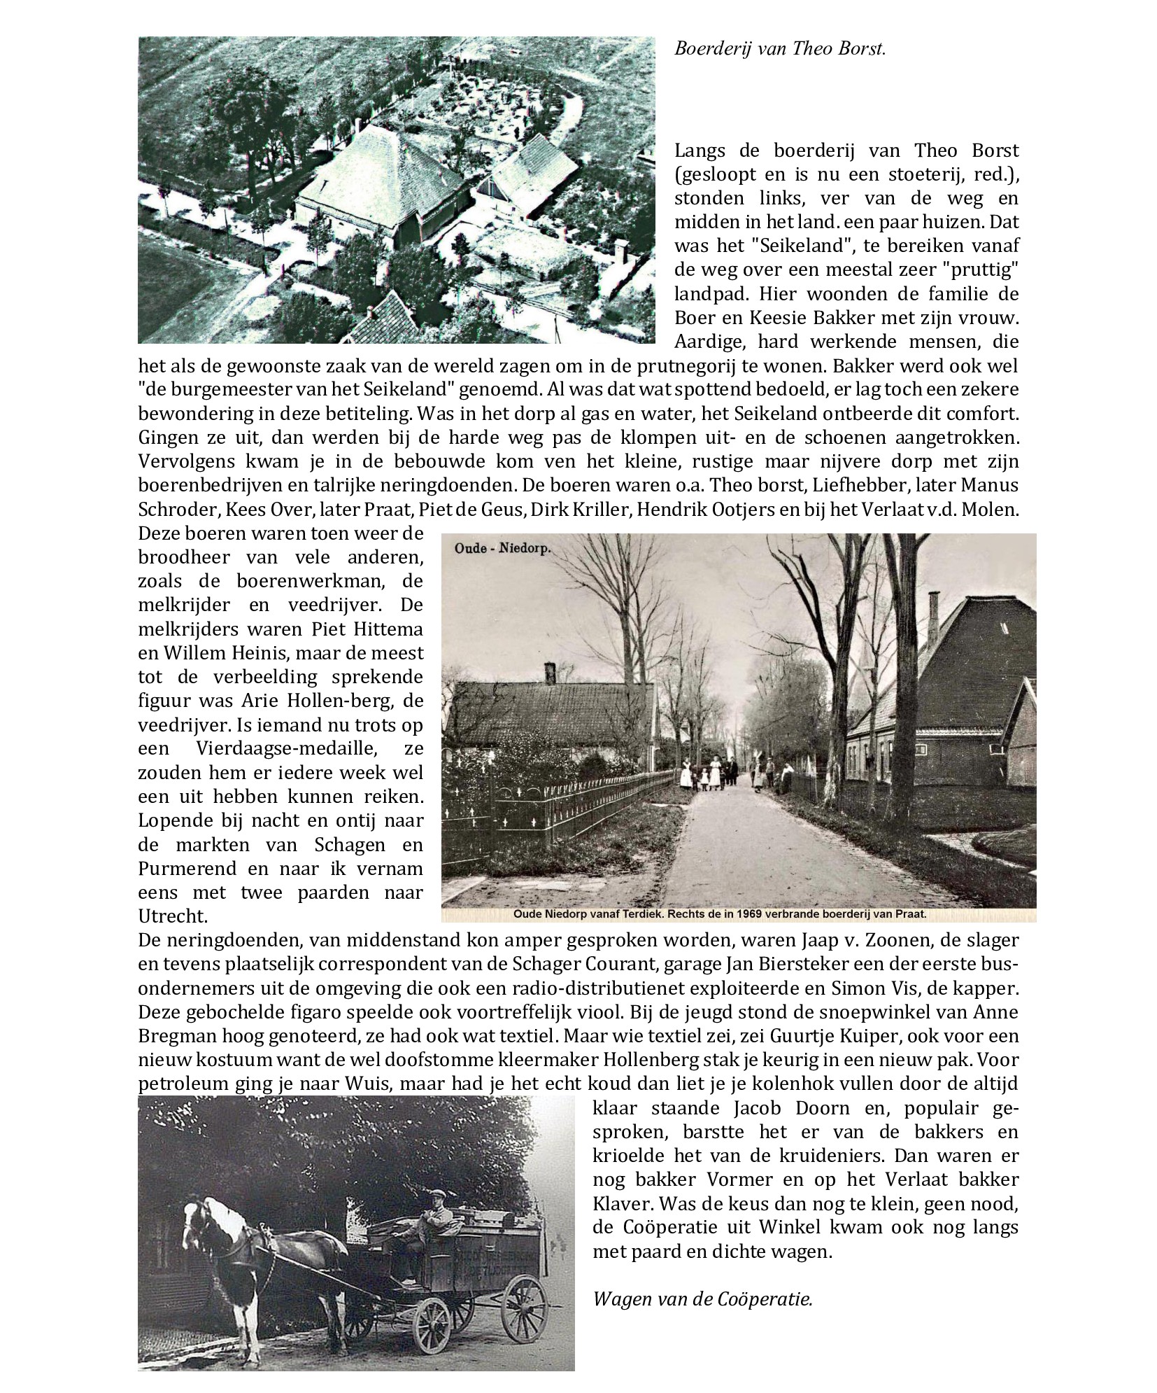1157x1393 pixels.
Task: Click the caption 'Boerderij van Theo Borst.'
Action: tap(780, 50)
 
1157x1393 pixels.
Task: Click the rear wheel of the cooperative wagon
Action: tap(524, 1276)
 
